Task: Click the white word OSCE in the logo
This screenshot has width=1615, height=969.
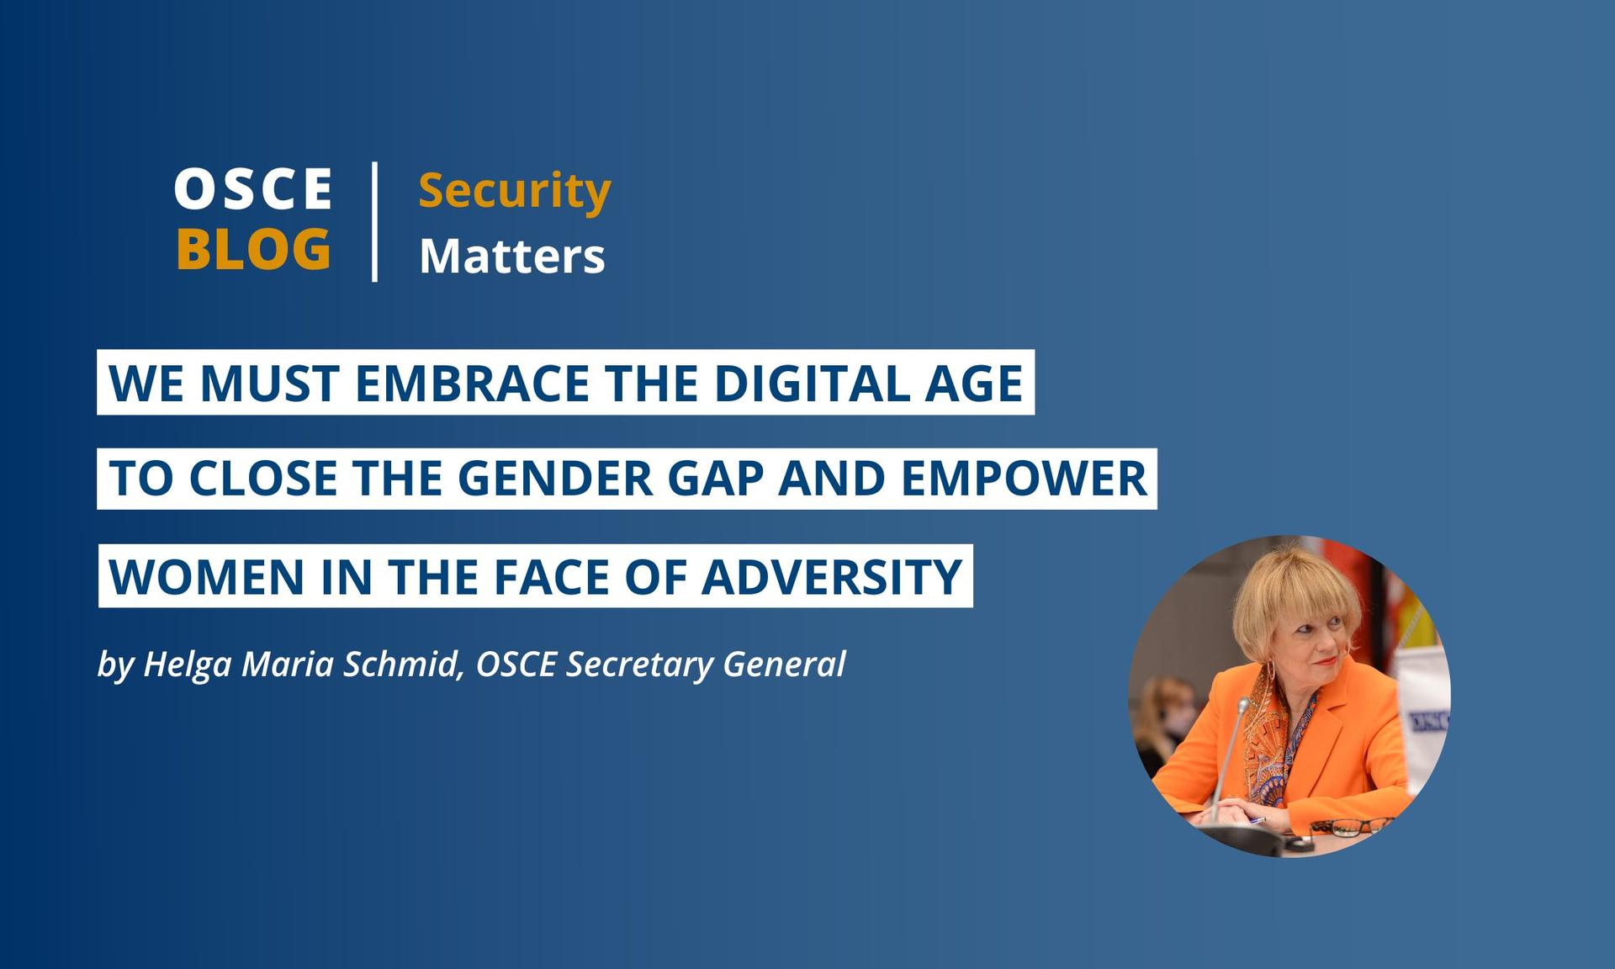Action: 252,189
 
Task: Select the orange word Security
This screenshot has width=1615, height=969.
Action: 515,193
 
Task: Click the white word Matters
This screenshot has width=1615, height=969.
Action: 512,256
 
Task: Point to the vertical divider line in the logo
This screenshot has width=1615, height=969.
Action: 374,221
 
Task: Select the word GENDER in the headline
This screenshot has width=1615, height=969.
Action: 555,479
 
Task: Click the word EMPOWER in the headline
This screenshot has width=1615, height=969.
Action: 1025,479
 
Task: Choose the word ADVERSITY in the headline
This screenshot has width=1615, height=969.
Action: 832,577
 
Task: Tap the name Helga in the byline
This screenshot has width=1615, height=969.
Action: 188,665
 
